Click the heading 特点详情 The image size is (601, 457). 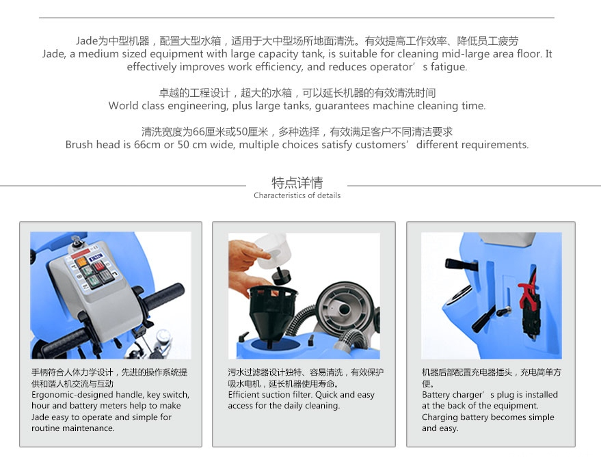[297, 182]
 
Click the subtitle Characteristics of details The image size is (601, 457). [297, 195]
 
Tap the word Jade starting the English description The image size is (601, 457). [53, 54]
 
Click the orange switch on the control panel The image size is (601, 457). [81, 263]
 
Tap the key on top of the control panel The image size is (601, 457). [77, 240]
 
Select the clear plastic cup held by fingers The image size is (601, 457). [273, 252]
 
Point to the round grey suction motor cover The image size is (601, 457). [343, 307]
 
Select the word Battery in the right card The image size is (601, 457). [436, 395]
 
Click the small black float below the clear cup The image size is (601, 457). [281, 275]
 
